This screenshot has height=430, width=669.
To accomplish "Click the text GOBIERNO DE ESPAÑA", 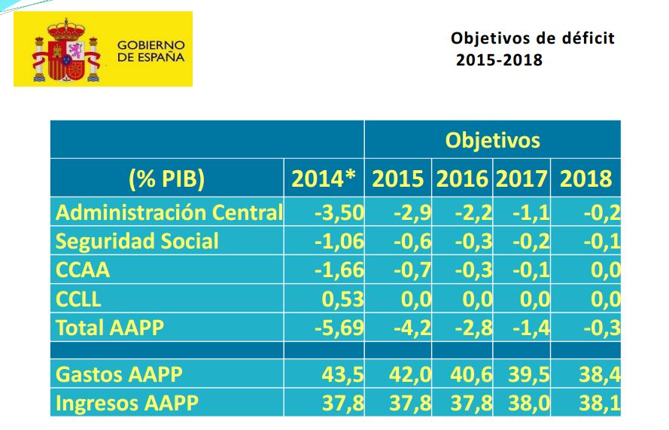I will (x=151, y=50).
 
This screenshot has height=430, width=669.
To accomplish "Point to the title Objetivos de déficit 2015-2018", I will (x=531, y=48).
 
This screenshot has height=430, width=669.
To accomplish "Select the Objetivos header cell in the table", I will (x=492, y=140).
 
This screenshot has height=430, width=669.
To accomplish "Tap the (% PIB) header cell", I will (x=166, y=179).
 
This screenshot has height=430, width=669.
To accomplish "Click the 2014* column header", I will (x=324, y=179).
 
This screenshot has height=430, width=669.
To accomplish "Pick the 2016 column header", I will (x=462, y=179).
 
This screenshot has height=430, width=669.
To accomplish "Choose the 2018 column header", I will (x=585, y=179).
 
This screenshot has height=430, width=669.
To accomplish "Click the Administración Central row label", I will (x=169, y=212).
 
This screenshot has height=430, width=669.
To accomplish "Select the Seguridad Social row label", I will (x=137, y=241).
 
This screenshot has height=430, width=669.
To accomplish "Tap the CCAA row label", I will (x=83, y=270).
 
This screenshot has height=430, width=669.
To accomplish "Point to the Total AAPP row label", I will (x=110, y=328).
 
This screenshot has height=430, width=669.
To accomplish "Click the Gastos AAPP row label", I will (x=119, y=374).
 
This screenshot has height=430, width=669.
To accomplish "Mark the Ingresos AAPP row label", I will (x=126, y=404).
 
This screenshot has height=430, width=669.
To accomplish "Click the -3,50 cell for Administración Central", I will (x=339, y=212).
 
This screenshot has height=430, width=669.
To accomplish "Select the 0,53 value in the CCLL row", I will (x=343, y=299).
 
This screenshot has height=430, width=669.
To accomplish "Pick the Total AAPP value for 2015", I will (x=412, y=328).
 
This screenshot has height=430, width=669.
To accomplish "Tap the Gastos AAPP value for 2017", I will (x=530, y=374).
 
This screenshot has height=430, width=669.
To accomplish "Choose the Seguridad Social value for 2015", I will (x=412, y=241).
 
